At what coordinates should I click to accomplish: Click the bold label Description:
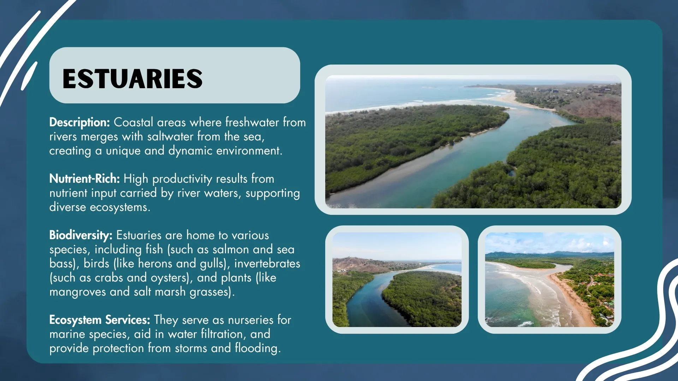pos(79,122)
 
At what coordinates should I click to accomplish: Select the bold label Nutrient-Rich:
pos(85,179)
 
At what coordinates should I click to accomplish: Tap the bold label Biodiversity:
pos(81,235)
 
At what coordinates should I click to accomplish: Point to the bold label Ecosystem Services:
pos(100,320)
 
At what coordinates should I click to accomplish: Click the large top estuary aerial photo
pos(473,141)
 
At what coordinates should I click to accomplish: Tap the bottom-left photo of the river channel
pos(397,279)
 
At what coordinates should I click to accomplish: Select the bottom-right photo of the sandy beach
pos(549,279)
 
